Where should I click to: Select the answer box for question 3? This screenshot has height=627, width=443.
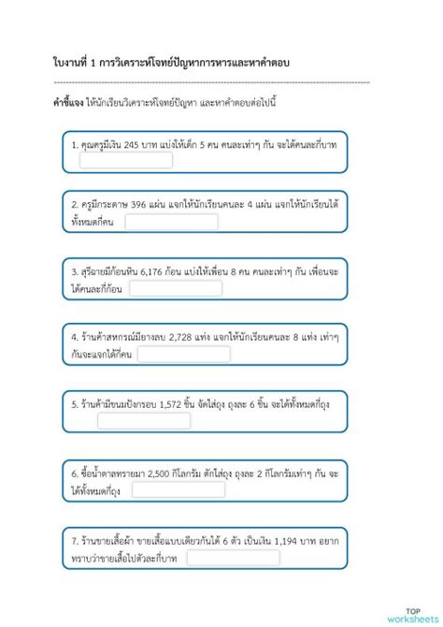point(176,288)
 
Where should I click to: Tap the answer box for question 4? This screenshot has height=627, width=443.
point(183,354)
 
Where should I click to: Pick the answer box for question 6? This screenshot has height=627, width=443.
point(178,489)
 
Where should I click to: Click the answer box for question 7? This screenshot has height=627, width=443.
point(232,557)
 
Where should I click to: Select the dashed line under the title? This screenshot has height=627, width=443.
point(210,82)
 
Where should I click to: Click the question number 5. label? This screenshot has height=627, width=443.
point(75,404)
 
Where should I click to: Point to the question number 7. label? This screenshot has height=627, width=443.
point(75,541)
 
